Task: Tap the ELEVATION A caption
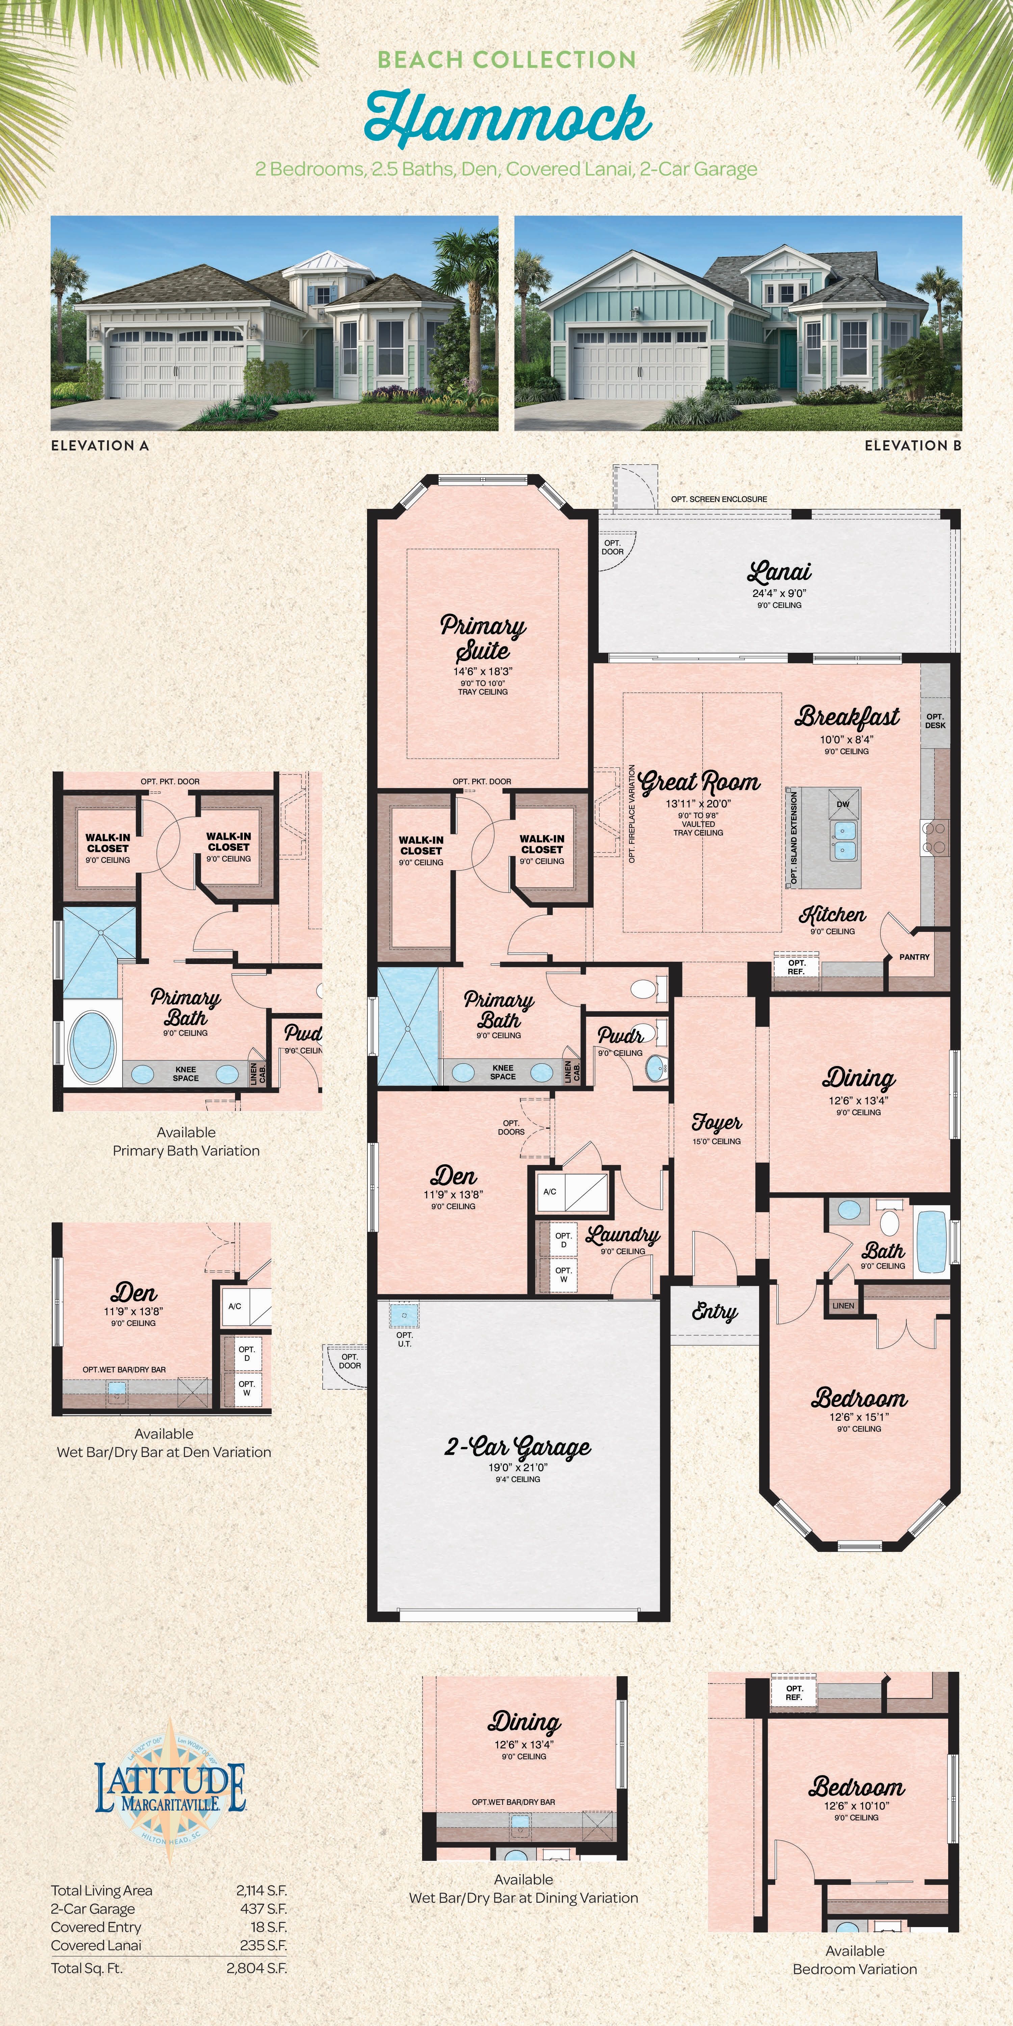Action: (x=100, y=445)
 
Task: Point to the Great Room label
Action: (x=699, y=782)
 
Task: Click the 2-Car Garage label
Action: (x=518, y=1446)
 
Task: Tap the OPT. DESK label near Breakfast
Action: (x=935, y=721)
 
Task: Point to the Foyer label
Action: (x=717, y=1122)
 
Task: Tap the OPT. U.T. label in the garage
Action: (x=404, y=1339)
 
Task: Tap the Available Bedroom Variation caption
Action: (x=855, y=1960)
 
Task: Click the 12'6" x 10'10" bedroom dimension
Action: (x=856, y=1806)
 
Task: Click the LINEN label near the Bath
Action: (x=843, y=1305)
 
